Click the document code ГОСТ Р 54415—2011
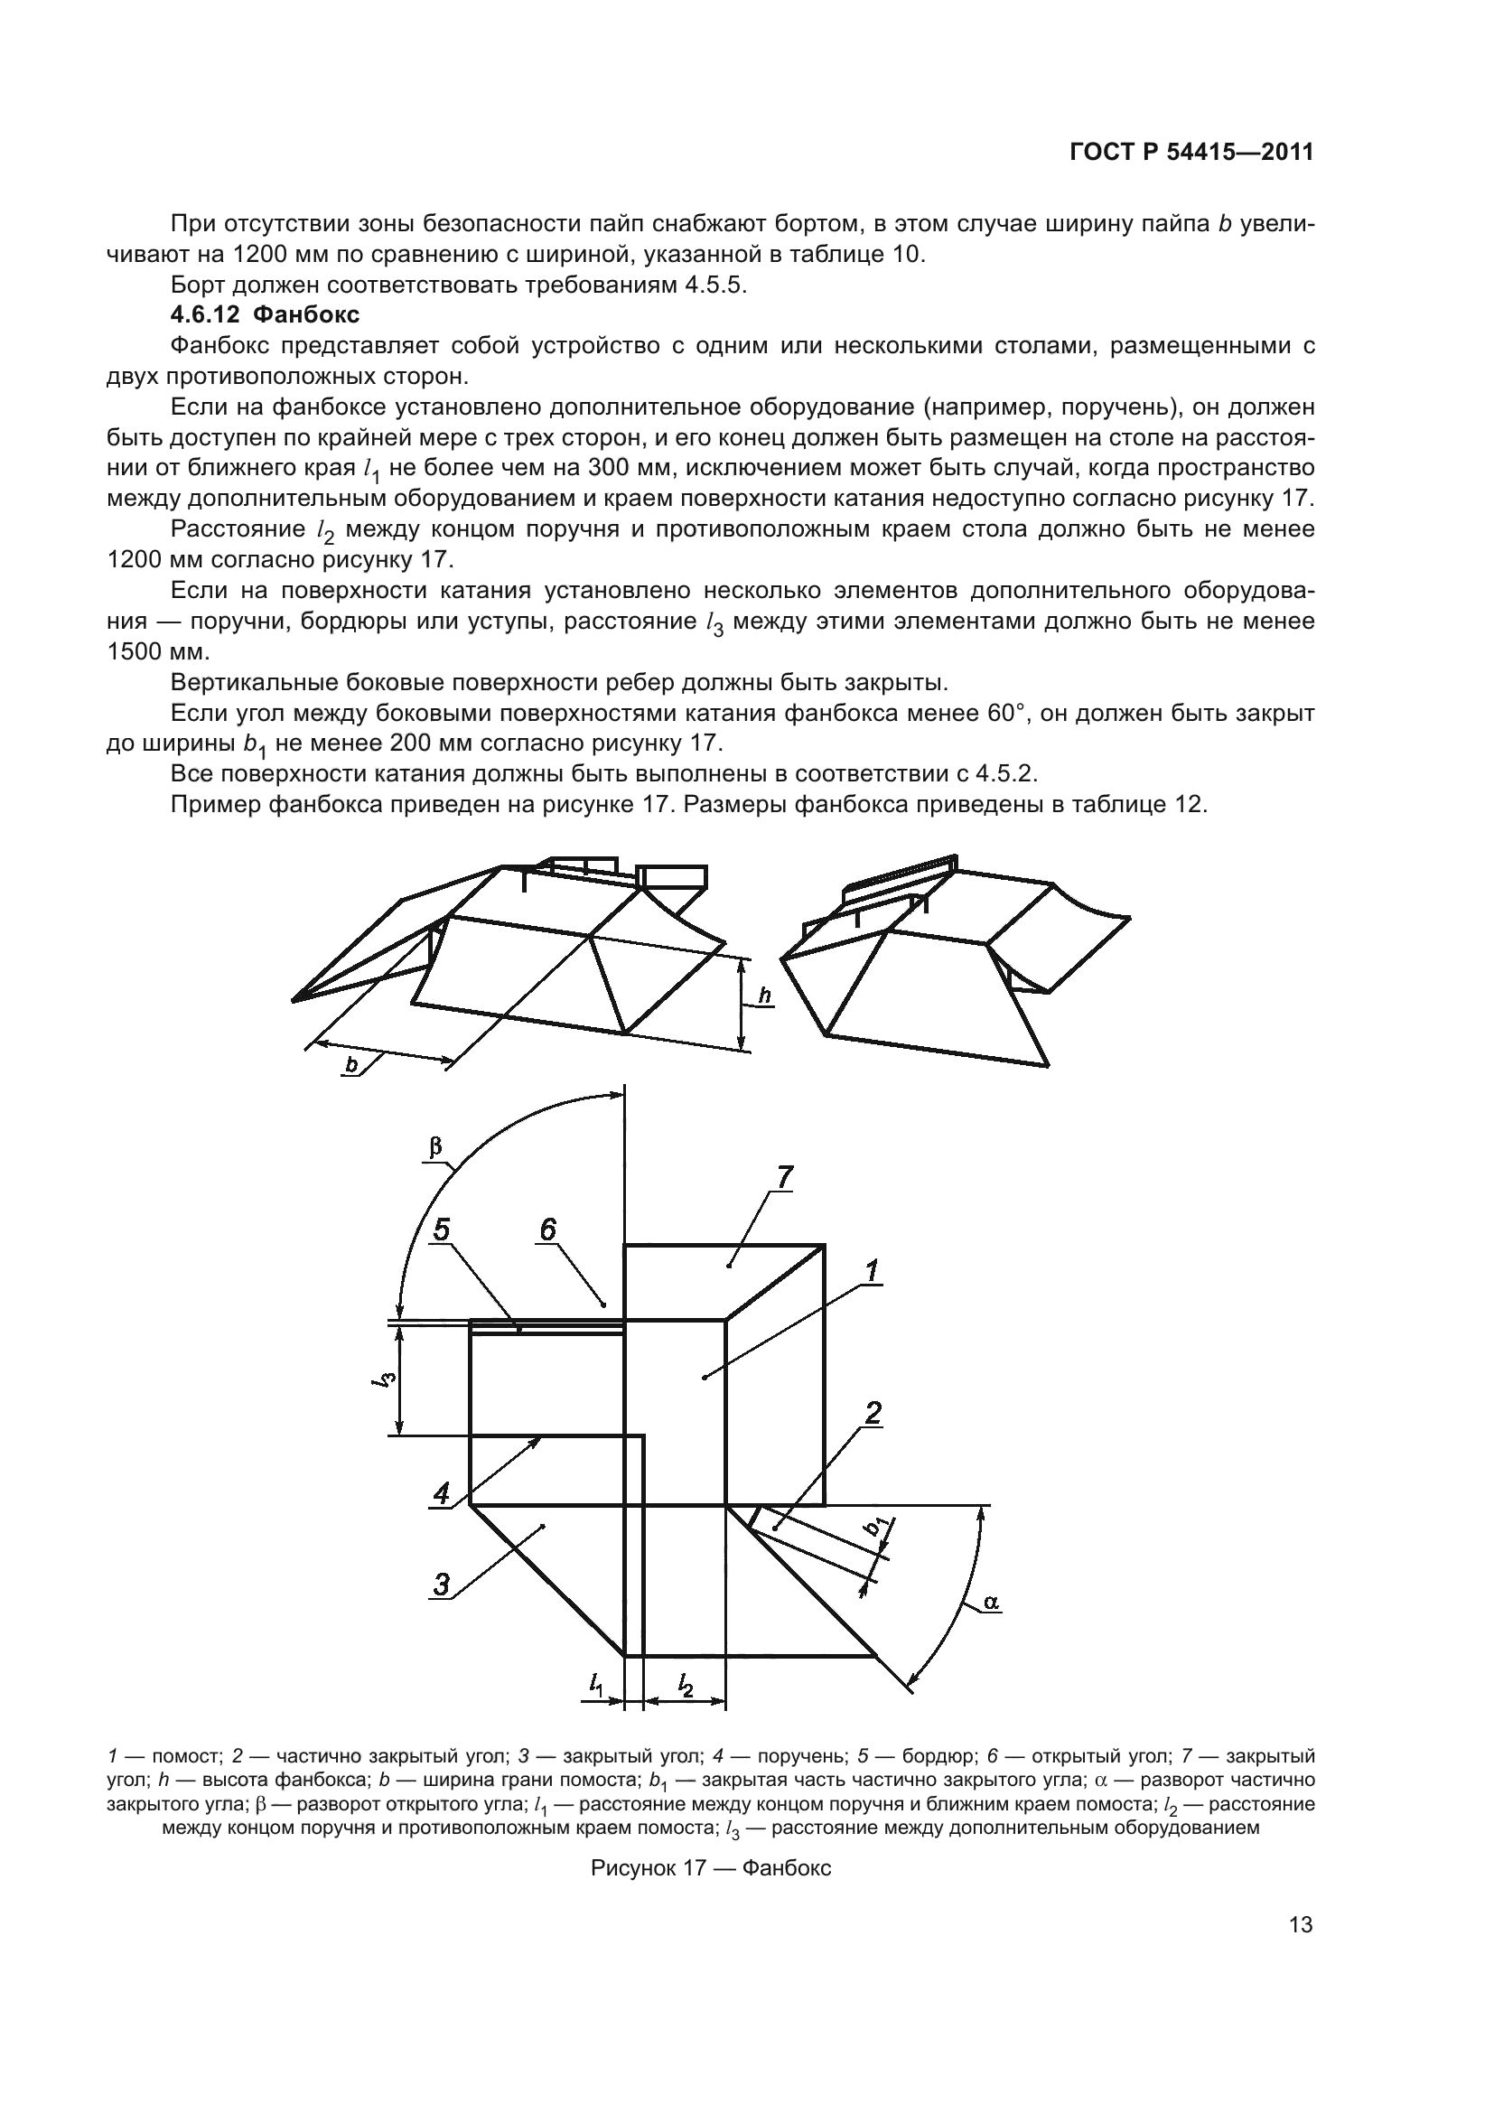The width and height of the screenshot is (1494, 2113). pyautogui.click(x=1191, y=153)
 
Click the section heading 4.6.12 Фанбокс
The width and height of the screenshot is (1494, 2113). pyautogui.click(x=265, y=314)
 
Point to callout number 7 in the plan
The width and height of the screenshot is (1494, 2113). pyautogui.click(x=784, y=1177)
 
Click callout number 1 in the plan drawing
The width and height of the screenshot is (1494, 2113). pyautogui.click(x=871, y=1271)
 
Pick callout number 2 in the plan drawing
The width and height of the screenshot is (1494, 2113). pyautogui.click(x=873, y=1413)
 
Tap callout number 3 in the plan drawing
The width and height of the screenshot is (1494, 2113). pyautogui.click(x=443, y=1585)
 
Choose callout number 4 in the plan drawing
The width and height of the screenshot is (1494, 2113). pyautogui.click(x=443, y=1492)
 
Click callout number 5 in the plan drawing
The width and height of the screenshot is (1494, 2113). pyautogui.click(x=443, y=1229)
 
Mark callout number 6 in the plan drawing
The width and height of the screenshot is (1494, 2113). pyautogui.click(x=548, y=1229)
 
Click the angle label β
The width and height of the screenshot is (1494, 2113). pyautogui.click(x=436, y=1146)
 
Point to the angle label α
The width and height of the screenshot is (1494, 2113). pyautogui.click(x=991, y=1603)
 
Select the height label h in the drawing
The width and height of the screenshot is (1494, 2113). pyautogui.click(x=764, y=996)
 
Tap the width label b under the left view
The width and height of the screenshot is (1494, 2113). pyautogui.click(x=351, y=1065)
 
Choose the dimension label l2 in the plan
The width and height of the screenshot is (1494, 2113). pyautogui.click(x=685, y=1685)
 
